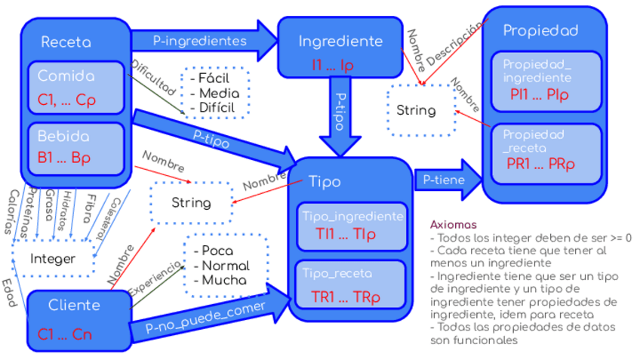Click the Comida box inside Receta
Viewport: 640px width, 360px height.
[x=76, y=88]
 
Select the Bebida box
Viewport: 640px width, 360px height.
[x=76, y=148]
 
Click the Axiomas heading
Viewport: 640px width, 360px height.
[x=454, y=225]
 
